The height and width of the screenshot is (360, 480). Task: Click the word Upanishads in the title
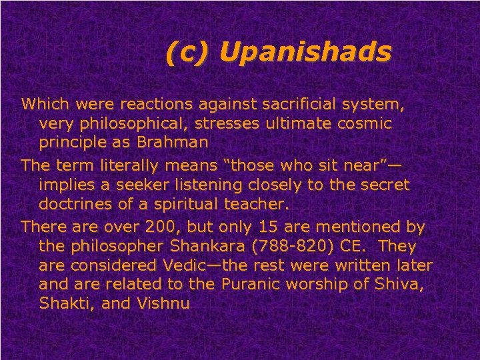click(x=304, y=53)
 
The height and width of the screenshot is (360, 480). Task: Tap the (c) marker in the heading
click(x=187, y=53)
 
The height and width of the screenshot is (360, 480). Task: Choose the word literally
click(x=135, y=165)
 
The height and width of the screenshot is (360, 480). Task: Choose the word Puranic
click(x=251, y=285)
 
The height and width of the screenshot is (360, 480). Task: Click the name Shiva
click(x=399, y=285)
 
